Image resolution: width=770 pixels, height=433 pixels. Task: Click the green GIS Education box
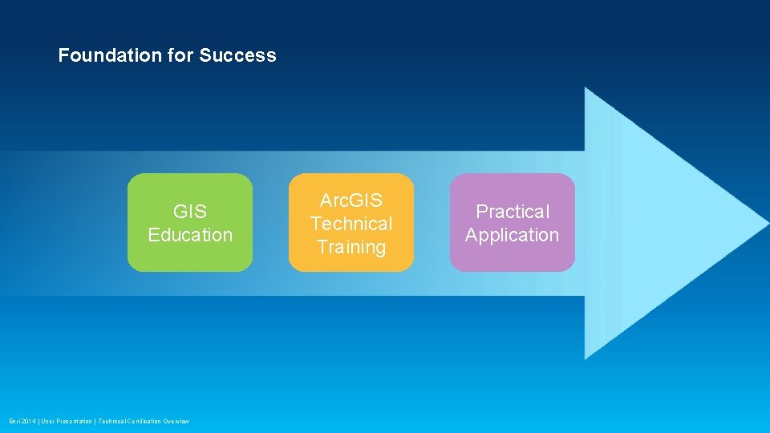point(190,223)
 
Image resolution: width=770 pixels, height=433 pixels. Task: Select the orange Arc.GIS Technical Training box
point(351,223)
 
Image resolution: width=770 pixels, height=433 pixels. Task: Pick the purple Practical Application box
point(513,223)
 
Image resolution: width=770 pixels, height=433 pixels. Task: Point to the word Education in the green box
point(190,235)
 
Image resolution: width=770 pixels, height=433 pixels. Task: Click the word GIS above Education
point(190,212)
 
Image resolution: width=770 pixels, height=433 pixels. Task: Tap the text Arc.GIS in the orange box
point(351,200)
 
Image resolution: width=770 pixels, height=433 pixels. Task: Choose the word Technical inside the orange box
point(351,224)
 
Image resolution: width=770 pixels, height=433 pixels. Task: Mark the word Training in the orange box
point(351,247)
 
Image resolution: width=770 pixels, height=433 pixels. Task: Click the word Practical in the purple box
point(513,212)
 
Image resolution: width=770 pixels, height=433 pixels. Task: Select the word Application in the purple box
point(513,235)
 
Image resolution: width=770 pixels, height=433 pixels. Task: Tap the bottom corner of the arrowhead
point(586,356)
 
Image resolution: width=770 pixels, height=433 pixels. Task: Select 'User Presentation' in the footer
point(67,421)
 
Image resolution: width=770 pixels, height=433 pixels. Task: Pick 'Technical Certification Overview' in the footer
point(144,421)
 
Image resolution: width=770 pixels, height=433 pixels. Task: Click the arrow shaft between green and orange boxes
point(270,223)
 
